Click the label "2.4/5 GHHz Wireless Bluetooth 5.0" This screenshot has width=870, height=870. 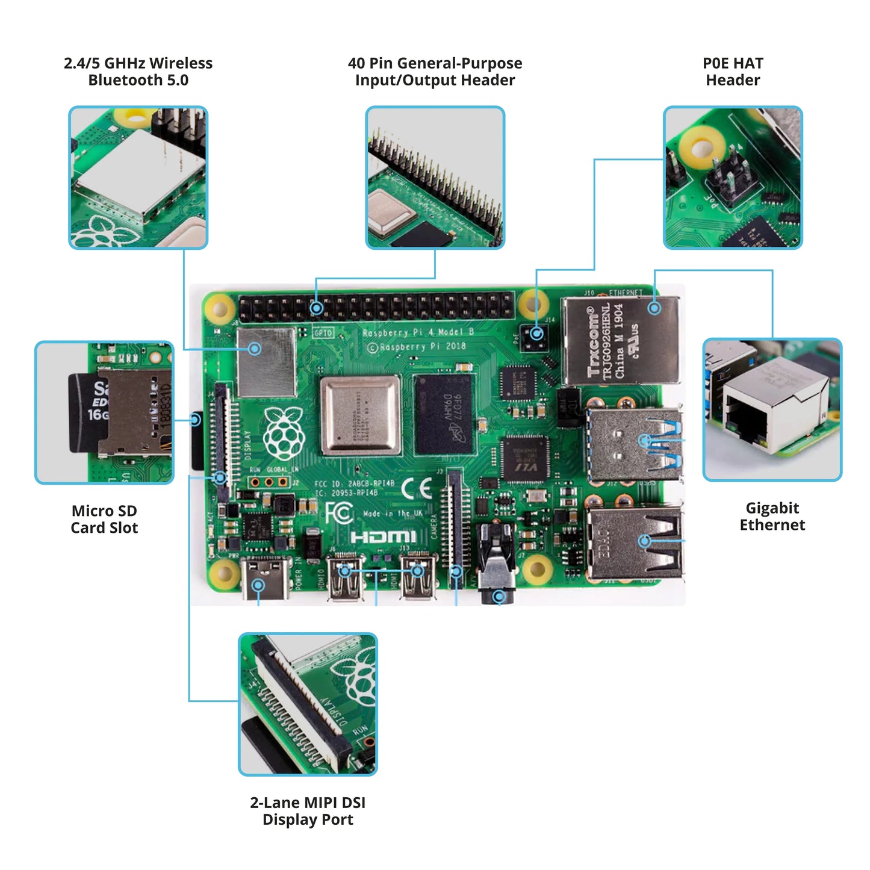click(x=138, y=72)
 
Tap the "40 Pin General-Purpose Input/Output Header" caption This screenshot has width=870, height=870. click(x=435, y=72)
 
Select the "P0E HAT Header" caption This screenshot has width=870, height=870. click(x=732, y=72)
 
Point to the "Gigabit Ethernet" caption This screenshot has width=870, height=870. click(x=772, y=517)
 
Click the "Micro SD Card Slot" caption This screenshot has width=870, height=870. click(x=104, y=519)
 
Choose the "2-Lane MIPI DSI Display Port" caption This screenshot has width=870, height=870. click(x=308, y=811)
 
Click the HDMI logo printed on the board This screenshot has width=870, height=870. click(x=383, y=536)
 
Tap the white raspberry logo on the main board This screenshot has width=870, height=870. click(x=284, y=433)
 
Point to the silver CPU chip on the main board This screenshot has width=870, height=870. click(x=361, y=415)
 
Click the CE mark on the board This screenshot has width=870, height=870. click(x=417, y=488)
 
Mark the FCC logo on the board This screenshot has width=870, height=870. click(x=339, y=513)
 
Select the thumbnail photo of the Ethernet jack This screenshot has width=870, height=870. click(x=772, y=409)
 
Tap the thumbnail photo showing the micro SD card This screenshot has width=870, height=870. click(x=104, y=412)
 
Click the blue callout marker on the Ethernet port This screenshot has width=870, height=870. click(x=654, y=308)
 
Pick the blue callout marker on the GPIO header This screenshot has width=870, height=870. click(x=317, y=309)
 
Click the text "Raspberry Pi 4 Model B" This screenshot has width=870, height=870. click(x=418, y=332)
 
